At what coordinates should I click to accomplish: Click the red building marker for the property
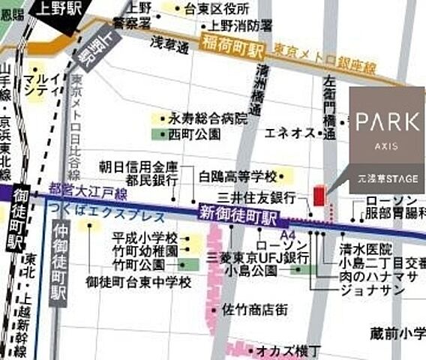coord(319,196)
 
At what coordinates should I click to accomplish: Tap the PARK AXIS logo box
coord(387,139)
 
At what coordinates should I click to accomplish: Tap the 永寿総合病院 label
coord(208,118)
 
